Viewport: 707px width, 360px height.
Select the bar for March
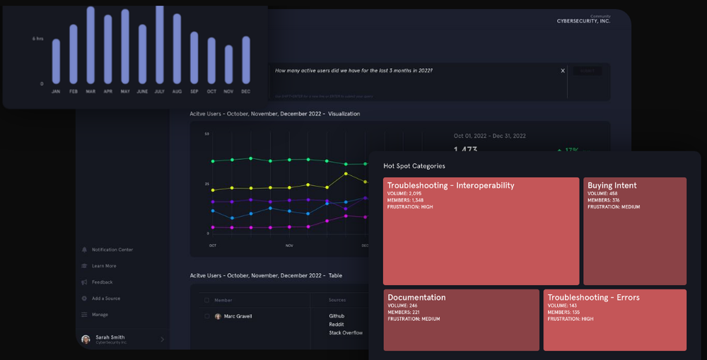pyautogui.click(x=90, y=45)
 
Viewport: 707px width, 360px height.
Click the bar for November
pyautogui.click(x=228, y=64)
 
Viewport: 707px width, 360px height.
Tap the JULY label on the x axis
pyautogui.click(x=159, y=91)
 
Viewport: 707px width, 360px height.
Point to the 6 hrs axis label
pyautogui.click(x=37, y=38)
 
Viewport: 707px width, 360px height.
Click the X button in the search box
pyautogui.click(x=563, y=71)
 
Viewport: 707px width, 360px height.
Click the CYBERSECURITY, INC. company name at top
pyautogui.click(x=583, y=21)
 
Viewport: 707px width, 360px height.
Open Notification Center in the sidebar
pyautogui.click(x=112, y=250)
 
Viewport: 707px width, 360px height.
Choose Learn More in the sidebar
pyautogui.click(x=103, y=266)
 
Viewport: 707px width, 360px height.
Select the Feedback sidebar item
pyautogui.click(x=102, y=282)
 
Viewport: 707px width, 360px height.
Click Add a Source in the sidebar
pyautogui.click(x=105, y=298)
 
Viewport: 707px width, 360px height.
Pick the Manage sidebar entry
pyautogui.click(x=100, y=315)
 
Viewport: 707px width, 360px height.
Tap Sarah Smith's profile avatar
pyautogui.click(x=86, y=339)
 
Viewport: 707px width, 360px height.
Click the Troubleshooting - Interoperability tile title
pyautogui.click(x=450, y=185)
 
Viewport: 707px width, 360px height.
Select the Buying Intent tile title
pyautogui.click(x=612, y=185)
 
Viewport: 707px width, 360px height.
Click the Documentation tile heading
pyautogui.click(x=416, y=298)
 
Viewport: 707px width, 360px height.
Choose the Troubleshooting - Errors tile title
pyautogui.click(x=593, y=298)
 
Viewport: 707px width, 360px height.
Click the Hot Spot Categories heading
pyautogui.click(x=414, y=166)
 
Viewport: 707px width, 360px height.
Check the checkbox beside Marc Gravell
pyautogui.click(x=206, y=316)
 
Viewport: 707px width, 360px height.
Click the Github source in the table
pyautogui.click(x=337, y=316)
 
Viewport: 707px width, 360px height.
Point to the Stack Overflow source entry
pyautogui.click(x=346, y=332)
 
